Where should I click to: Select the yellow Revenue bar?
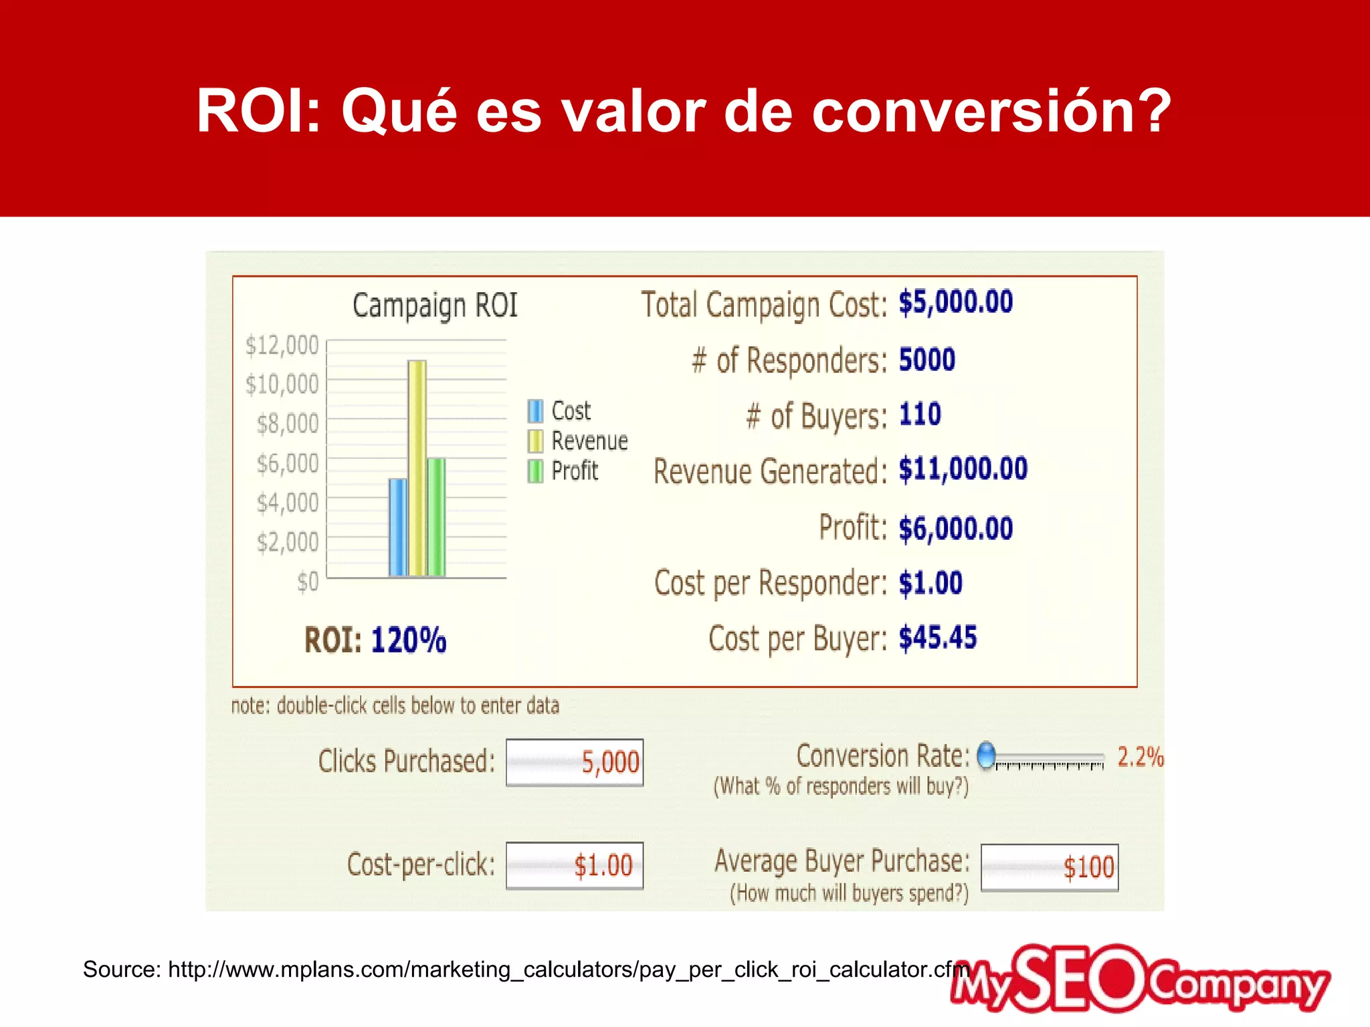coord(417,468)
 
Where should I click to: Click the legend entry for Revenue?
coord(589,441)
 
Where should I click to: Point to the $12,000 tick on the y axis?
coord(282,346)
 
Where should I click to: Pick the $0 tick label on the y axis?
coord(308,582)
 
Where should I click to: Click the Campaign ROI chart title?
coord(435,306)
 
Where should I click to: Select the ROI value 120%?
coord(409,640)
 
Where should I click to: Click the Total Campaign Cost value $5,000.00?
coord(955,302)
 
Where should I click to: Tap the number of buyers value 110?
coord(920,415)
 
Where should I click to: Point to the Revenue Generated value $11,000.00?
coord(963,469)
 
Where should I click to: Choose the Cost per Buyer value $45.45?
coord(937,638)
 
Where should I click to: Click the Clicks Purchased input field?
coord(575,762)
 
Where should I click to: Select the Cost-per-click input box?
coord(575,866)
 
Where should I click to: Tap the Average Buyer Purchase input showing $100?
coord(1050,868)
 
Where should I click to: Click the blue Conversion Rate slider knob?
coord(986,756)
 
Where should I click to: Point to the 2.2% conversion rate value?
coord(1140,758)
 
